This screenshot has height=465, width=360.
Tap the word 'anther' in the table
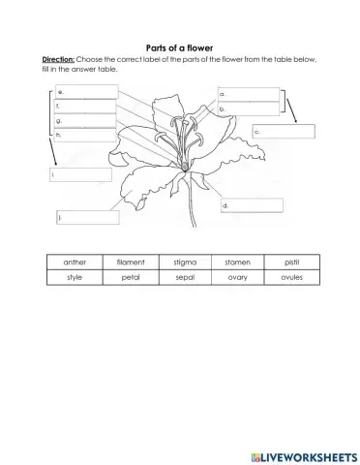(74, 262)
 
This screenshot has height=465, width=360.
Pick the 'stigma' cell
(185, 262)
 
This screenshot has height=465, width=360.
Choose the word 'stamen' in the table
(237, 262)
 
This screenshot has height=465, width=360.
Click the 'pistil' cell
(291, 262)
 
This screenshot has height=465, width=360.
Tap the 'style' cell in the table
(74, 277)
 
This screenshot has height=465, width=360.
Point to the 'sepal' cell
(185, 277)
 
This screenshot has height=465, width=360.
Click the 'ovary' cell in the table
(237, 277)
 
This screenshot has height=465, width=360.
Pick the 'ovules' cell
(291, 277)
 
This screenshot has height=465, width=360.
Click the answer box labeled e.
(87, 92)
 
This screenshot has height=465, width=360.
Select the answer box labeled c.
(284, 132)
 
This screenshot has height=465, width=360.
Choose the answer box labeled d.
(252, 205)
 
